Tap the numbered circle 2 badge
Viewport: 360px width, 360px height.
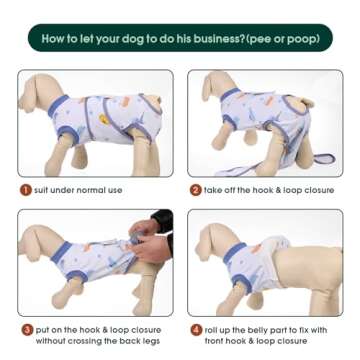[x=196, y=189]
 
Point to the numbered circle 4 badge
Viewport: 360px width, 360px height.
[x=196, y=329]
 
